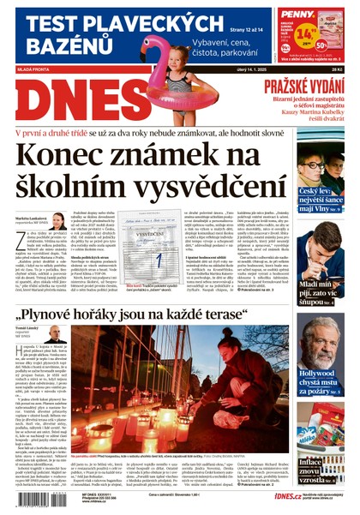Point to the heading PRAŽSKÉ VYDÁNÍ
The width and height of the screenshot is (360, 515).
point(304,86)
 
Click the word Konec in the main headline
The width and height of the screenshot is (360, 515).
point(68,157)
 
